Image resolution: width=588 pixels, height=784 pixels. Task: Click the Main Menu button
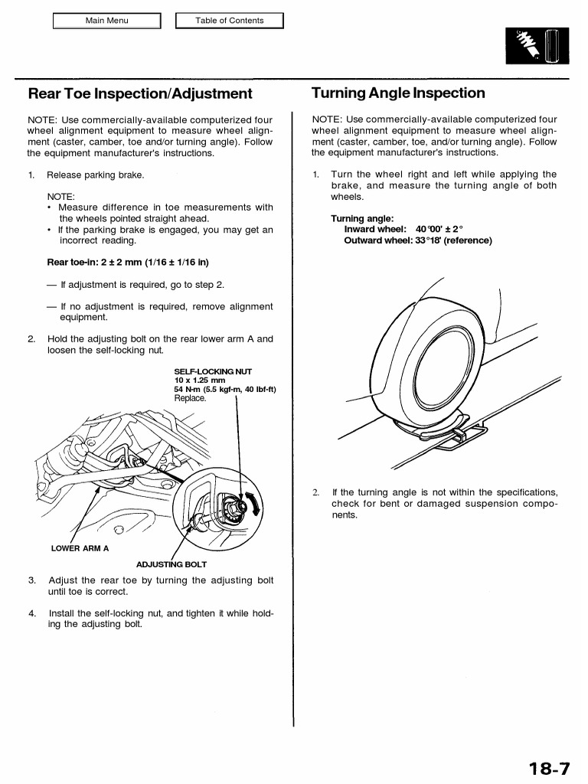click(106, 21)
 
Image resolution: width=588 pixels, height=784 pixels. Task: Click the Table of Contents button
click(229, 21)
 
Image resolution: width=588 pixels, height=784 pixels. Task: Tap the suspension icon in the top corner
click(536, 47)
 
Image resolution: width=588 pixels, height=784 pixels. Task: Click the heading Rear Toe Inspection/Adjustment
click(140, 94)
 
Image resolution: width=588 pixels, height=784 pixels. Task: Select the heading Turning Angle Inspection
click(398, 93)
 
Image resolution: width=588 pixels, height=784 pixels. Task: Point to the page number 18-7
click(548, 767)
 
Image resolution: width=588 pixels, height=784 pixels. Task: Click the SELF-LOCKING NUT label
click(213, 371)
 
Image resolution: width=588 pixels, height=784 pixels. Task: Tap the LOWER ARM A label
click(80, 548)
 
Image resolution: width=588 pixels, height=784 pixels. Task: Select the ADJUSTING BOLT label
click(171, 565)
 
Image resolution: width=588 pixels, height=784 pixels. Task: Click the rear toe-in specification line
click(128, 263)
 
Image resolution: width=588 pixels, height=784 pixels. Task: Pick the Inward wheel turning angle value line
click(403, 229)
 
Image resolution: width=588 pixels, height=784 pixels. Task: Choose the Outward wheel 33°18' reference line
click(417, 240)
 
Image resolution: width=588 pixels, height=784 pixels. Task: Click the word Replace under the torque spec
click(190, 398)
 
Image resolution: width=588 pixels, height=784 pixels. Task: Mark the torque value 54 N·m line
click(225, 389)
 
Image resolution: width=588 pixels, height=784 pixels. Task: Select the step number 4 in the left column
click(32, 613)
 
